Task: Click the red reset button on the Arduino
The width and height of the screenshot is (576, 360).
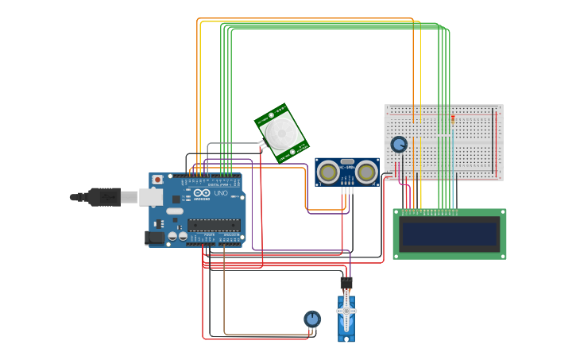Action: pyautogui.click(x=157, y=180)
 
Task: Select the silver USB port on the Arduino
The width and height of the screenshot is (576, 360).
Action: pyautogui.click(x=150, y=196)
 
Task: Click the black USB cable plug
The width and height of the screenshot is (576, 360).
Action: pyautogui.click(x=104, y=196)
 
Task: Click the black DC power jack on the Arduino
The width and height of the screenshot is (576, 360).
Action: pyautogui.click(x=156, y=237)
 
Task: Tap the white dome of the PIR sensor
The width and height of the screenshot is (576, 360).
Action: pyautogui.click(x=280, y=131)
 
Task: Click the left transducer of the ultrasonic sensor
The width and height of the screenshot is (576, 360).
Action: pyautogui.click(x=327, y=171)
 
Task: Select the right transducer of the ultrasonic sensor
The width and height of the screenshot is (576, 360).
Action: pyautogui.click(x=366, y=171)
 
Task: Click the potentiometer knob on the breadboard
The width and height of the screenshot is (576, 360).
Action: pyautogui.click(x=399, y=144)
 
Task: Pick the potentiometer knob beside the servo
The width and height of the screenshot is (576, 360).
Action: pyautogui.click(x=312, y=319)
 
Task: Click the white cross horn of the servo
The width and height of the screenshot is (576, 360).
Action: pyautogui.click(x=346, y=312)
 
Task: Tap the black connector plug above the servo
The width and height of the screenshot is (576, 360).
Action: pyautogui.click(x=346, y=283)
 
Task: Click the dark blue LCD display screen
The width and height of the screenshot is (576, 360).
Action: pyautogui.click(x=449, y=234)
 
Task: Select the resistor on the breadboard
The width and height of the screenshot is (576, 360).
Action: pyautogui.click(x=453, y=119)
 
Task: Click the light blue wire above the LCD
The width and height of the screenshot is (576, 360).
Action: pyautogui.click(x=454, y=195)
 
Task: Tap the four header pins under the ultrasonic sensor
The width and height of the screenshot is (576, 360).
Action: pyautogui.click(x=346, y=190)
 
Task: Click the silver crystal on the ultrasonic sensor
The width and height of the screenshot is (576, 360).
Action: pyautogui.click(x=347, y=161)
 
